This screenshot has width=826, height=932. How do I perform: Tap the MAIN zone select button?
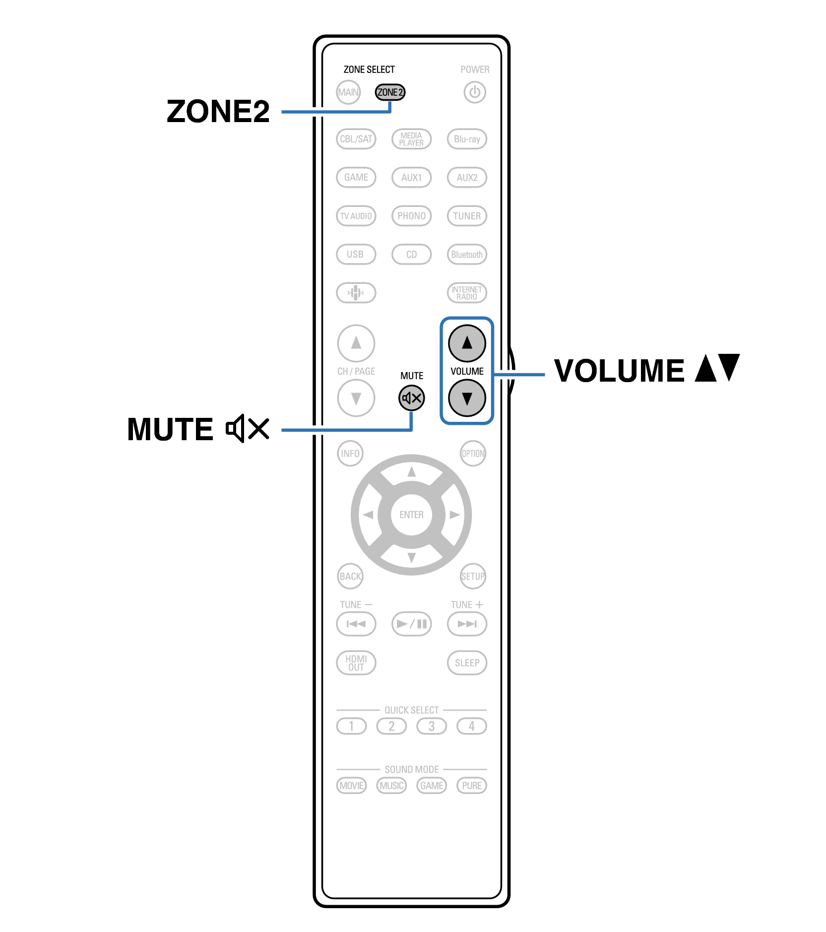point(348,92)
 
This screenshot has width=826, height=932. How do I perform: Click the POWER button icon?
point(475,92)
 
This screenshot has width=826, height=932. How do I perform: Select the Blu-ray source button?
point(467,139)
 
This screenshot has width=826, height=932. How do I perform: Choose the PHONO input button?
point(411,216)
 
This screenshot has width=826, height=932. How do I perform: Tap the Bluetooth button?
point(467,255)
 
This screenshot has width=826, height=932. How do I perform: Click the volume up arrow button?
point(467,343)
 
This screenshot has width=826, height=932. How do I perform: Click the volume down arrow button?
point(467,398)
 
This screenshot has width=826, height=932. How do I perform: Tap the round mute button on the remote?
point(411,398)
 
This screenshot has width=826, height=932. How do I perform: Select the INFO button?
point(350,454)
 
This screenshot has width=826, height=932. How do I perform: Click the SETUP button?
point(473,576)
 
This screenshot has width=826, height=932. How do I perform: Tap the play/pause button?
point(411,624)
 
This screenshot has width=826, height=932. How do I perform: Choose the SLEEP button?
point(467,663)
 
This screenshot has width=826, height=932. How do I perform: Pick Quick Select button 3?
point(431,727)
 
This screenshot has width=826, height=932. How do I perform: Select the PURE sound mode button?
point(471,786)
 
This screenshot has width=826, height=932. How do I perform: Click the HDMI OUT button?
point(356,663)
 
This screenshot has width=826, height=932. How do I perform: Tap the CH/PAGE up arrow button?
point(356,343)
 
